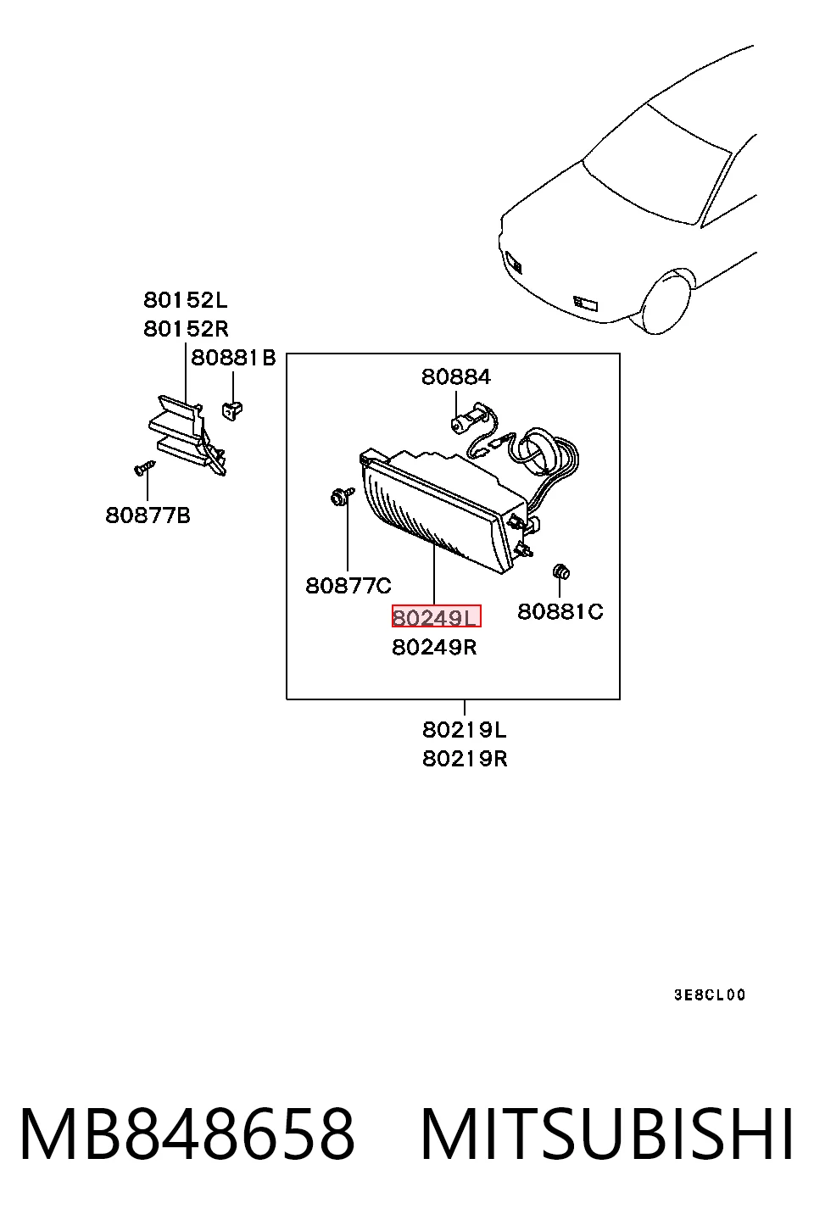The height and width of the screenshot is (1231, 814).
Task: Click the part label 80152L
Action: (x=185, y=300)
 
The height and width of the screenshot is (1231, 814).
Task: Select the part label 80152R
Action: (x=186, y=329)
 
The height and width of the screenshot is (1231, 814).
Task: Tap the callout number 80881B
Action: (x=233, y=358)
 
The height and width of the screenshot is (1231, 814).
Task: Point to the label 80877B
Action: (x=148, y=515)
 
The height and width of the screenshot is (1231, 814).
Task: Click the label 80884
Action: (x=456, y=377)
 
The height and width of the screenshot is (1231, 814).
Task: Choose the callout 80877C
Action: (x=348, y=586)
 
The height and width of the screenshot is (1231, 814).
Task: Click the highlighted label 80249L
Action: (x=436, y=616)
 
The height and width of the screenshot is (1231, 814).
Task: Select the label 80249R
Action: (x=434, y=648)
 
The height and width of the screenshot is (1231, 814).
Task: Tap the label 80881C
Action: (x=560, y=611)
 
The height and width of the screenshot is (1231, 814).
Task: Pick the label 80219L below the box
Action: (x=465, y=730)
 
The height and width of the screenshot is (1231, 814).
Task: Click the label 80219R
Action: (x=465, y=759)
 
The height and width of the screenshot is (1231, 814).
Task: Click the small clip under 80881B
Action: (x=232, y=410)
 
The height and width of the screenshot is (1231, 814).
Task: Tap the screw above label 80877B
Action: (x=144, y=468)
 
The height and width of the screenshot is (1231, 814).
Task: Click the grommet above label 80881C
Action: (x=560, y=571)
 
